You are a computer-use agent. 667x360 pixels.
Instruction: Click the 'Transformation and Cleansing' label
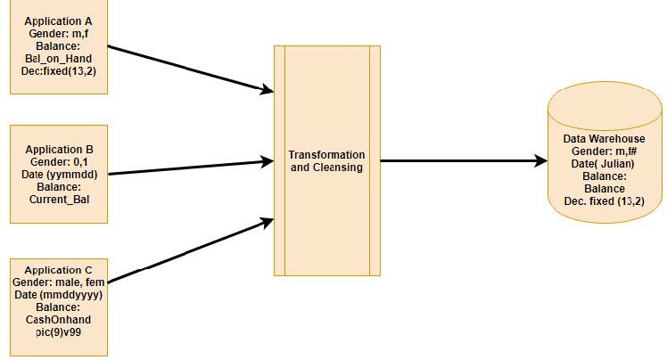327,160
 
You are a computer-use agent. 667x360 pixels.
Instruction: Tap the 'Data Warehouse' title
604,139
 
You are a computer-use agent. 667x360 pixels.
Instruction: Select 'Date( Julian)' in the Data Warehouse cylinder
604,164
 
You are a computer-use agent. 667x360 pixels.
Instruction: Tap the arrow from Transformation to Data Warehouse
464,161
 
